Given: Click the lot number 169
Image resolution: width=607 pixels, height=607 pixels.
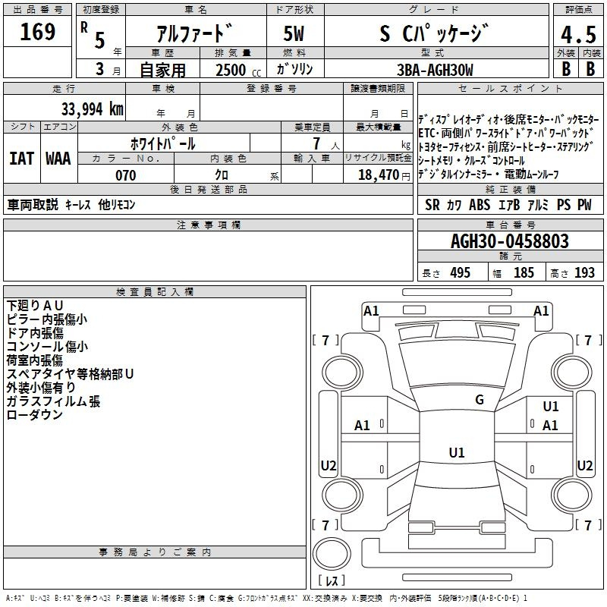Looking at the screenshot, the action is [x=37, y=32].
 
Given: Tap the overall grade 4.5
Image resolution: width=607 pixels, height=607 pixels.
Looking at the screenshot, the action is [x=578, y=35].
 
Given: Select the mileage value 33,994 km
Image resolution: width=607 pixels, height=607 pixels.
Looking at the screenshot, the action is [x=92, y=109].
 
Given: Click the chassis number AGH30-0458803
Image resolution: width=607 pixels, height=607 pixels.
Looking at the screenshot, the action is [x=510, y=241].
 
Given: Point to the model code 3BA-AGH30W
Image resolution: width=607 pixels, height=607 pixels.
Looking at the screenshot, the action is [x=435, y=70].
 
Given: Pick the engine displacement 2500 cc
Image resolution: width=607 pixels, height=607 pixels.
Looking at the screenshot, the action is [x=238, y=71].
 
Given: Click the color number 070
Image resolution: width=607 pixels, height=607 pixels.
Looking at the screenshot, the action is [x=125, y=175].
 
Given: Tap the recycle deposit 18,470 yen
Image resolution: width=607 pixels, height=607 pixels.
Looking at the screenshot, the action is [x=384, y=175].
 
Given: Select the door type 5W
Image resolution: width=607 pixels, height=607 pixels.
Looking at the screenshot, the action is [x=294, y=33].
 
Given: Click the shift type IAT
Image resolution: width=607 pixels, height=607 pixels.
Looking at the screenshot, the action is [x=21, y=159].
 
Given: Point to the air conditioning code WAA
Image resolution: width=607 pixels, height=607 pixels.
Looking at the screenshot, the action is [x=58, y=159].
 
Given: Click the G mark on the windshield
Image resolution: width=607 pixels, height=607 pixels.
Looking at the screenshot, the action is [x=480, y=400].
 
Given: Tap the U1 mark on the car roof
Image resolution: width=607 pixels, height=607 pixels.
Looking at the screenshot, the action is [x=457, y=452].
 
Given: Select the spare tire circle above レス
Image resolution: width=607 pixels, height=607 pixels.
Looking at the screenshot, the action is [x=332, y=554].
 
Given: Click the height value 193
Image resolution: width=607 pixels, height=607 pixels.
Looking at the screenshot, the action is [x=584, y=272].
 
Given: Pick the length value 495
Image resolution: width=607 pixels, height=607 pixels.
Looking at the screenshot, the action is [x=461, y=272].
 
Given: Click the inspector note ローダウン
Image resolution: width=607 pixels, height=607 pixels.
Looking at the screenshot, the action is [x=34, y=414].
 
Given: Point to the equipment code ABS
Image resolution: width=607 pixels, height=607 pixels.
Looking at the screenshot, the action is [x=480, y=205].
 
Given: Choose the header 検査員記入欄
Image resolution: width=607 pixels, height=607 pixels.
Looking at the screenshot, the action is [x=155, y=292].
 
